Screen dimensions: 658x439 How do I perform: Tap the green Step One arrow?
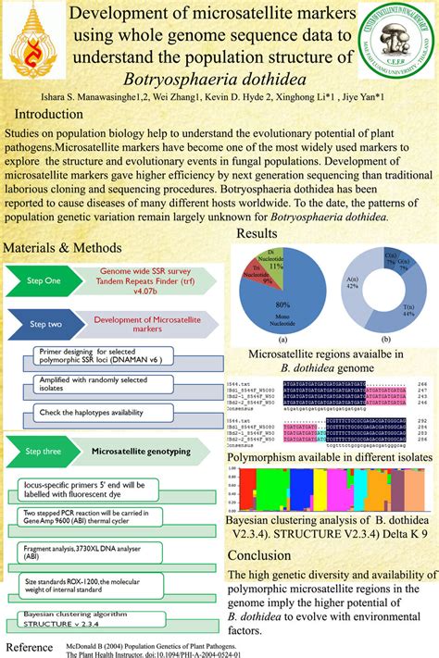[x=42, y=279]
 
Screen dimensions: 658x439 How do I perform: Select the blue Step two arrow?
[x=42, y=324]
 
